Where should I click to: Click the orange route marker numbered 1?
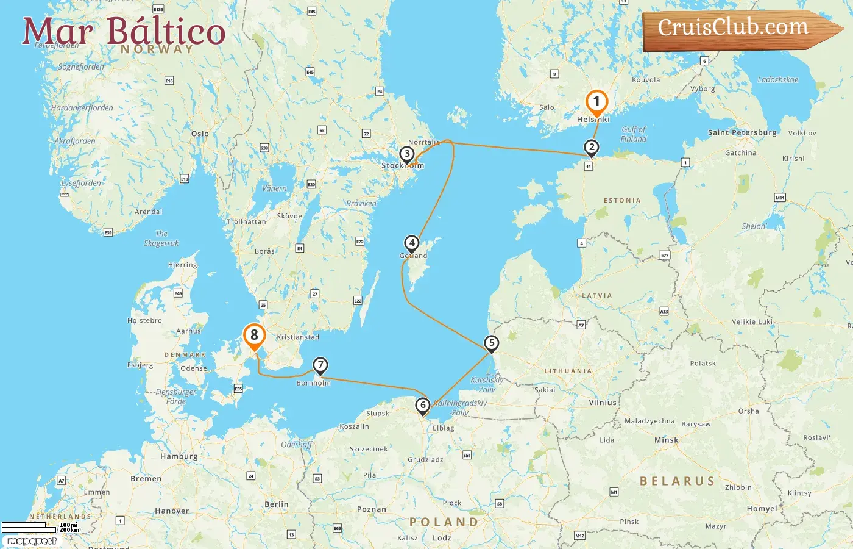click(x=596, y=102)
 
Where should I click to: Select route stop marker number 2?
click(x=591, y=147)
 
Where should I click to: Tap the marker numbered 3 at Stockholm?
click(x=407, y=154)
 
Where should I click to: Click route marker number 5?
click(x=491, y=343)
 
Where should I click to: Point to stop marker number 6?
click(x=423, y=405)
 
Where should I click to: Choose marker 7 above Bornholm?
click(x=320, y=365)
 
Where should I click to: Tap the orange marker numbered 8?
click(x=254, y=335)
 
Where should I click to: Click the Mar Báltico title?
click(x=124, y=31)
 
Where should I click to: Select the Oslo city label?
click(x=200, y=134)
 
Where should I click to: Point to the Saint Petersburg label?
click(x=742, y=132)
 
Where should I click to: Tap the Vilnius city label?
click(x=603, y=403)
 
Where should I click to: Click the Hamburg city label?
click(x=179, y=456)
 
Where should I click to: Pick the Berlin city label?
click(x=276, y=504)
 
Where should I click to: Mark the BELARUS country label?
click(x=677, y=481)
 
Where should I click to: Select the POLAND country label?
click(x=444, y=522)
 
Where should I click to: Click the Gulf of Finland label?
click(x=634, y=134)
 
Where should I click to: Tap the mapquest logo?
click(x=32, y=540)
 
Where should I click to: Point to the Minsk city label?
click(x=666, y=440)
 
